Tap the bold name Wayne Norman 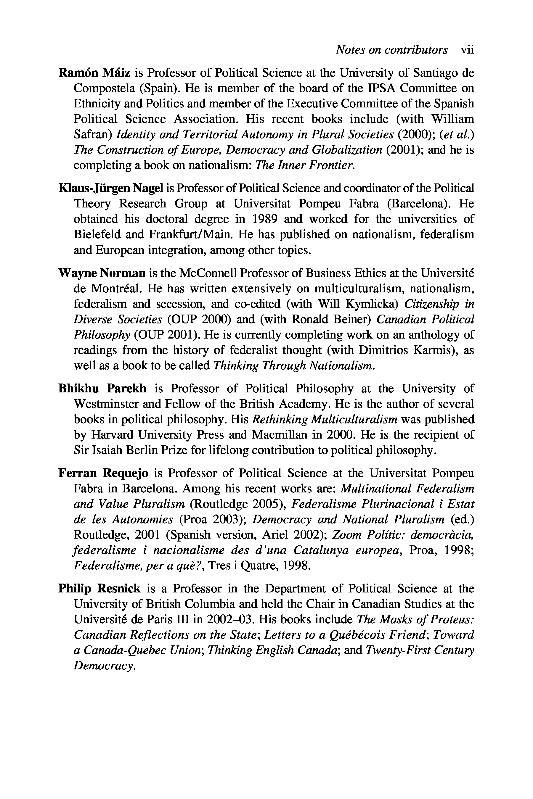pyautogui.click(x=102, y=273)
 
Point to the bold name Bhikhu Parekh pyautogui.click(x=102, y=388)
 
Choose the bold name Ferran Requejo pyautogui.click(x=103, y=473)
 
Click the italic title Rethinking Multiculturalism pyautogui.click(x=325, y=419)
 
